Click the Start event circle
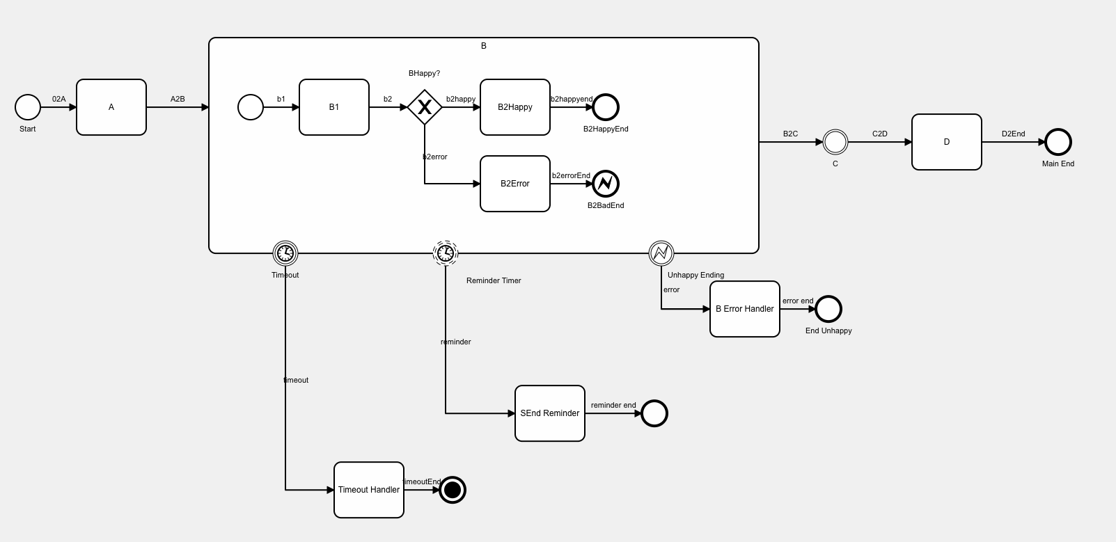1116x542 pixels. (28, 107)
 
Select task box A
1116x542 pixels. (111, 107)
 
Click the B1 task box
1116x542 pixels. (334, 107)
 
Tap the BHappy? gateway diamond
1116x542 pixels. (425, 107)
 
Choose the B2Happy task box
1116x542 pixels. (515, 107)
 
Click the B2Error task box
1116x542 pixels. (515, 184)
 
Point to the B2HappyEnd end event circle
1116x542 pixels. (606, 107)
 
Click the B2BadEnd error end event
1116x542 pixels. (606, 184)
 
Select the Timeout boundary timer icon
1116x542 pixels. (285, 253)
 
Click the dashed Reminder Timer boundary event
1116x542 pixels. (446, 253)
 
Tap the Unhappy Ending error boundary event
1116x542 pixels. (661, 253)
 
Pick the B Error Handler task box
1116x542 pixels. (745, 309)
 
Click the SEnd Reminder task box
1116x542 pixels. (550, 413)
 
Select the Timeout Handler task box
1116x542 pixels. (369, 490)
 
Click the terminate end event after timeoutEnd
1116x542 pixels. (453, 490)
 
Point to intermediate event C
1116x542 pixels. (835, 142)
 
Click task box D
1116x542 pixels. (947, 142)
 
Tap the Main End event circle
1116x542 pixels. (1058, 142)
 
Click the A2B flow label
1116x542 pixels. (178, 99)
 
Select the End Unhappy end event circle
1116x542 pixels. (828, 309)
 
